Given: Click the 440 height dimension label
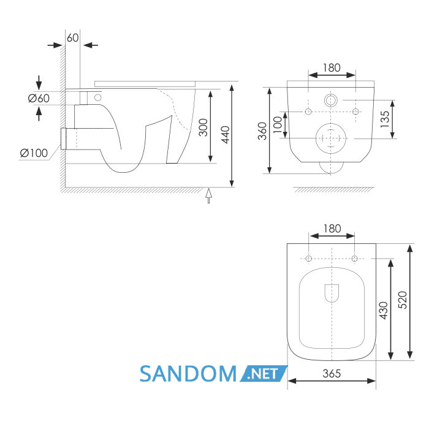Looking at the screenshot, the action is [226, 135].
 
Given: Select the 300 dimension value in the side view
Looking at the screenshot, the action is [203, 127].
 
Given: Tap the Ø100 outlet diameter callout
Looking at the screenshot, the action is [34, 153].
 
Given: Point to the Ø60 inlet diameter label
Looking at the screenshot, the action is [39, 98].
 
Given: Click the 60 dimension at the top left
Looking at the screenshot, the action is [72, 38].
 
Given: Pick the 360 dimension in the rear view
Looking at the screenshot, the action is [262, 131].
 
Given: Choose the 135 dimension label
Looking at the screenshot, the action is [385, 119].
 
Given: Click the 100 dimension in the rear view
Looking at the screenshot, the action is [278, 124].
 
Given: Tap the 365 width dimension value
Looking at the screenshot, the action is [332, 373].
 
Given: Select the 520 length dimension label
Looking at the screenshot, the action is [403, 300].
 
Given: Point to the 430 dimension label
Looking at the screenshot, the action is [384, 311].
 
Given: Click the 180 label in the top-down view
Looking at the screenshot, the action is [332, 229].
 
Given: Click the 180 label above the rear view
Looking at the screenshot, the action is [332, 68].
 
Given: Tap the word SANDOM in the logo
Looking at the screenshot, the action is [188, 374].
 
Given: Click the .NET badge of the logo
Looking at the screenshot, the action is [264, 373].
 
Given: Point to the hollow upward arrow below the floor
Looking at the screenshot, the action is [209, 196].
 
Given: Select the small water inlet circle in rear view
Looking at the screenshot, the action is [331, 100].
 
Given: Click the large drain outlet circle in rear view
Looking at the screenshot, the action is [331, 139].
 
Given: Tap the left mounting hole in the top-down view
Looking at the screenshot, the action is [309, 258].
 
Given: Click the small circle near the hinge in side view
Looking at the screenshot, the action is [97, 97].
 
